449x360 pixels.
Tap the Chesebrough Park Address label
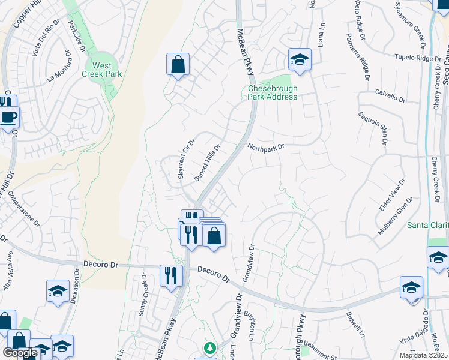pos(273,92)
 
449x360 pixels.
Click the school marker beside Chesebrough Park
pos(300,59)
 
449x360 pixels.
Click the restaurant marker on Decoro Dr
pos(171,275)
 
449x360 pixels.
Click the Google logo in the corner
pos(20,353)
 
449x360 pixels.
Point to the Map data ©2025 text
pos(423,355)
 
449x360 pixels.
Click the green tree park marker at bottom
pos(209,348)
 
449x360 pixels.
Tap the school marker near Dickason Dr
pos(58,292)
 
